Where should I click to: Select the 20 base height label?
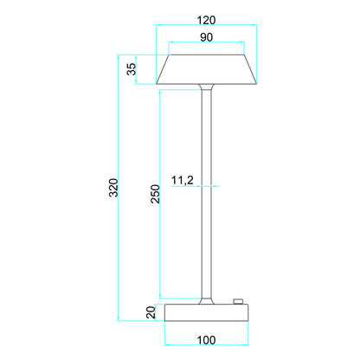[x=150, y=312]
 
